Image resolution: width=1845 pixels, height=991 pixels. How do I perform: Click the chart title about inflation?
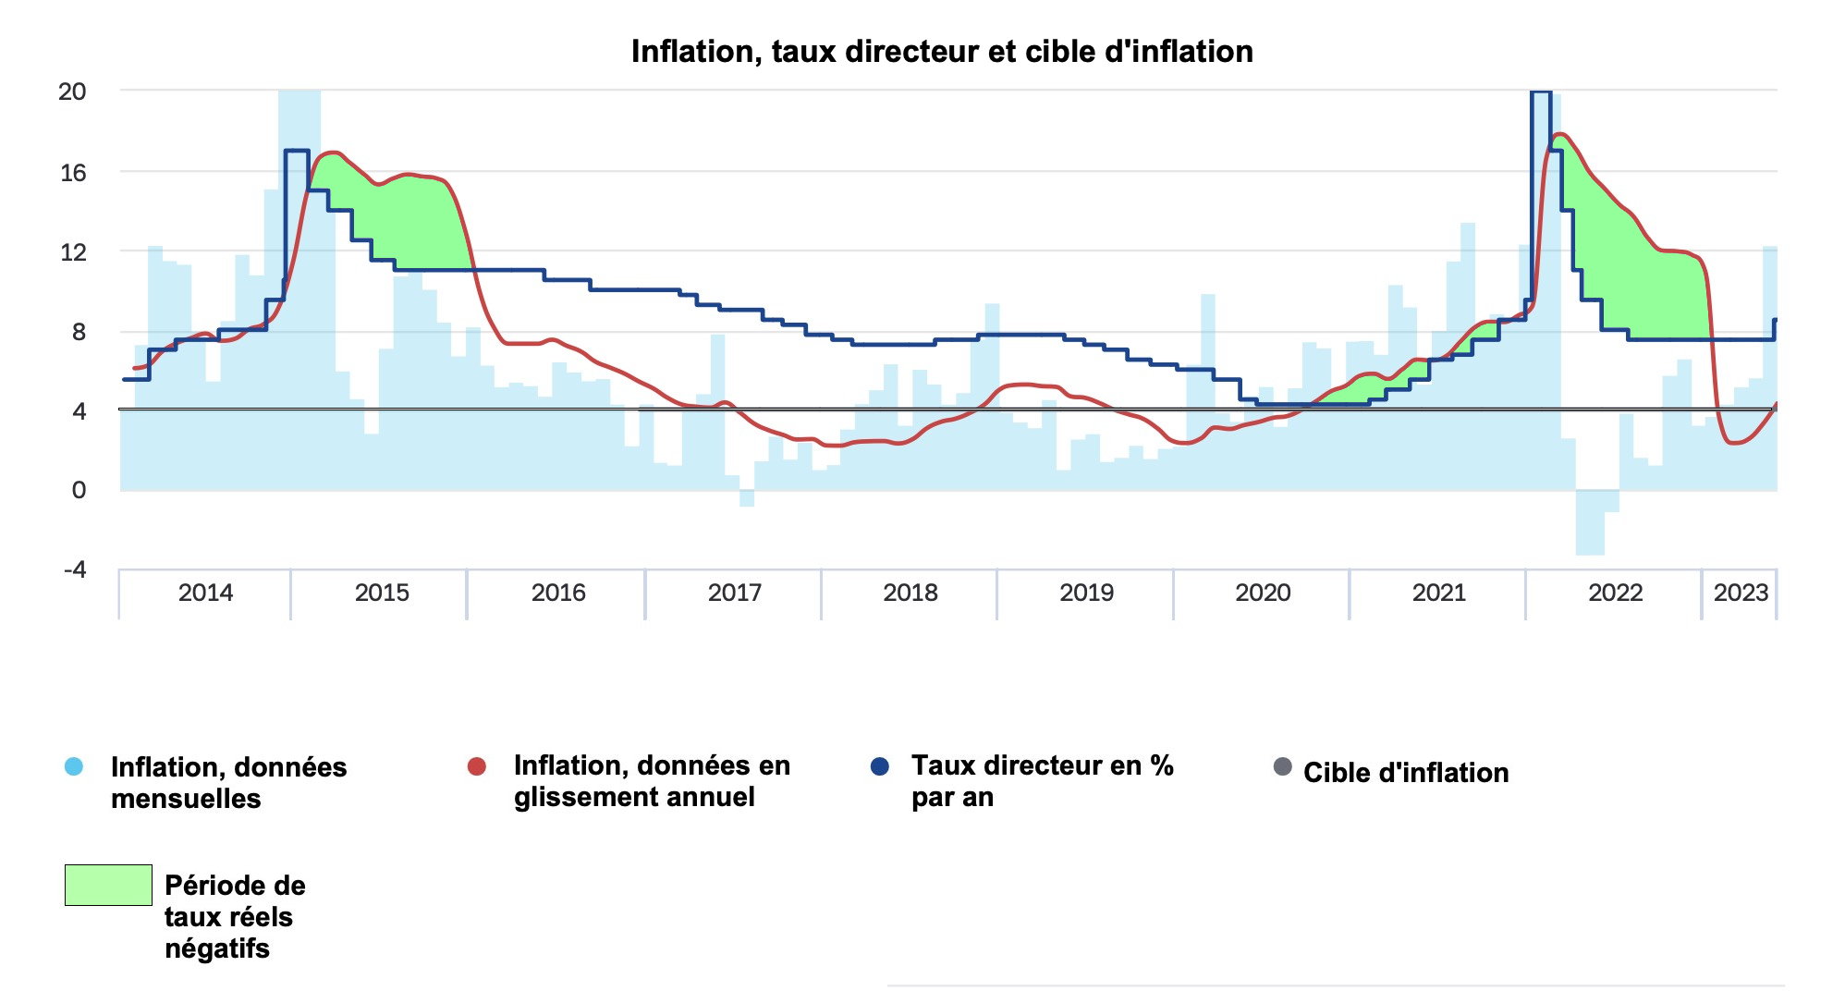coord(941,52)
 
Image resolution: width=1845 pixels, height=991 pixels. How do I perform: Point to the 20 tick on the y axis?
coord(72,92)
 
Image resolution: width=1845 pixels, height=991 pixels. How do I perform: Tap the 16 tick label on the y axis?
coord(72,172)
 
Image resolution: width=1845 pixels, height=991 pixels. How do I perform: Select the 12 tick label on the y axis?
coord(72,251)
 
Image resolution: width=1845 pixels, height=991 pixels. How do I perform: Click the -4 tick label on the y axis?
coord(74,569)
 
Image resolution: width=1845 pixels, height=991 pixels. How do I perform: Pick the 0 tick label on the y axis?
coord(79,490)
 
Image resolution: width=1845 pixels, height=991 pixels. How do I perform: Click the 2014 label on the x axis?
coord(205,593)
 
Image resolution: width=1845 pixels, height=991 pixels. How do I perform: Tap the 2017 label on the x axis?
coord(734,593)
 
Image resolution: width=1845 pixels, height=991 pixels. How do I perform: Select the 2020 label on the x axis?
coord(1263,593)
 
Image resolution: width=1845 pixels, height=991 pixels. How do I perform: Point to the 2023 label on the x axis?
coord(1741,593)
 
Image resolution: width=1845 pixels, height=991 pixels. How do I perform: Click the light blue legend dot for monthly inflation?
coord(74,766)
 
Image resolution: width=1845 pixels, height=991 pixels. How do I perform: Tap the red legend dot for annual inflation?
coord(477,766)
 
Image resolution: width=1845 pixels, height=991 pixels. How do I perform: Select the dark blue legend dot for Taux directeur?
coord(880,766)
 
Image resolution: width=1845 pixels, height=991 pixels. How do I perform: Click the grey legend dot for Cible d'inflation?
coord(1282,766)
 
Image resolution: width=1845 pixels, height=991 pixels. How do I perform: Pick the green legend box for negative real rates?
coord(108,885)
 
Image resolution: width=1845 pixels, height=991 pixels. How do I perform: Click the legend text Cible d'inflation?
coord(1405,773)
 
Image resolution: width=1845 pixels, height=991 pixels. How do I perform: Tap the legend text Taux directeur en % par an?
coord(1042,781)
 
